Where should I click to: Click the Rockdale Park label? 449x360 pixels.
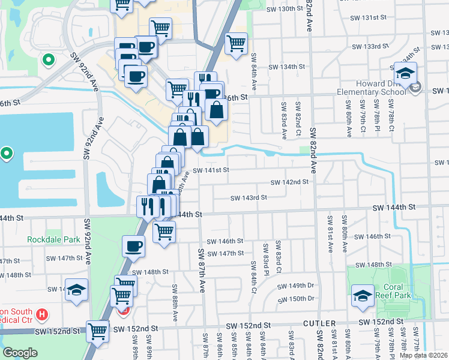[x=53, y=239]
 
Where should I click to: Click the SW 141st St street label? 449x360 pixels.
[x=211, y=170]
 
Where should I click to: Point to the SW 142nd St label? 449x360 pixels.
[x=289, y=182]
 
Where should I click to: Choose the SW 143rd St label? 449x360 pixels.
[x=249, y=197]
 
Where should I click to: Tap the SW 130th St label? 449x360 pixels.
[x=284, y=9]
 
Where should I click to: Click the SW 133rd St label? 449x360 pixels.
[x=370, y=47]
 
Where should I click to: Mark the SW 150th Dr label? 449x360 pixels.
[x=297, y=298]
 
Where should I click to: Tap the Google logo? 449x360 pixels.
[x=20, y=353]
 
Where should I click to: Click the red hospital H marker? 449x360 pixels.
[x=41, y=314]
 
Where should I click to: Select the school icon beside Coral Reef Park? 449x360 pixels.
[x=363, y=295]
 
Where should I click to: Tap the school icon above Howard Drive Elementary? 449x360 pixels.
[x=405, y=73]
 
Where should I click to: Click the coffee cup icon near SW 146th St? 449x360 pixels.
[x=133, y=245]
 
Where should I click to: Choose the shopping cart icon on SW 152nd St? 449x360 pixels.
[x=98, y=329]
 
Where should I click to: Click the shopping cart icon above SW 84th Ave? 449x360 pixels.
[x=236, y=43]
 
